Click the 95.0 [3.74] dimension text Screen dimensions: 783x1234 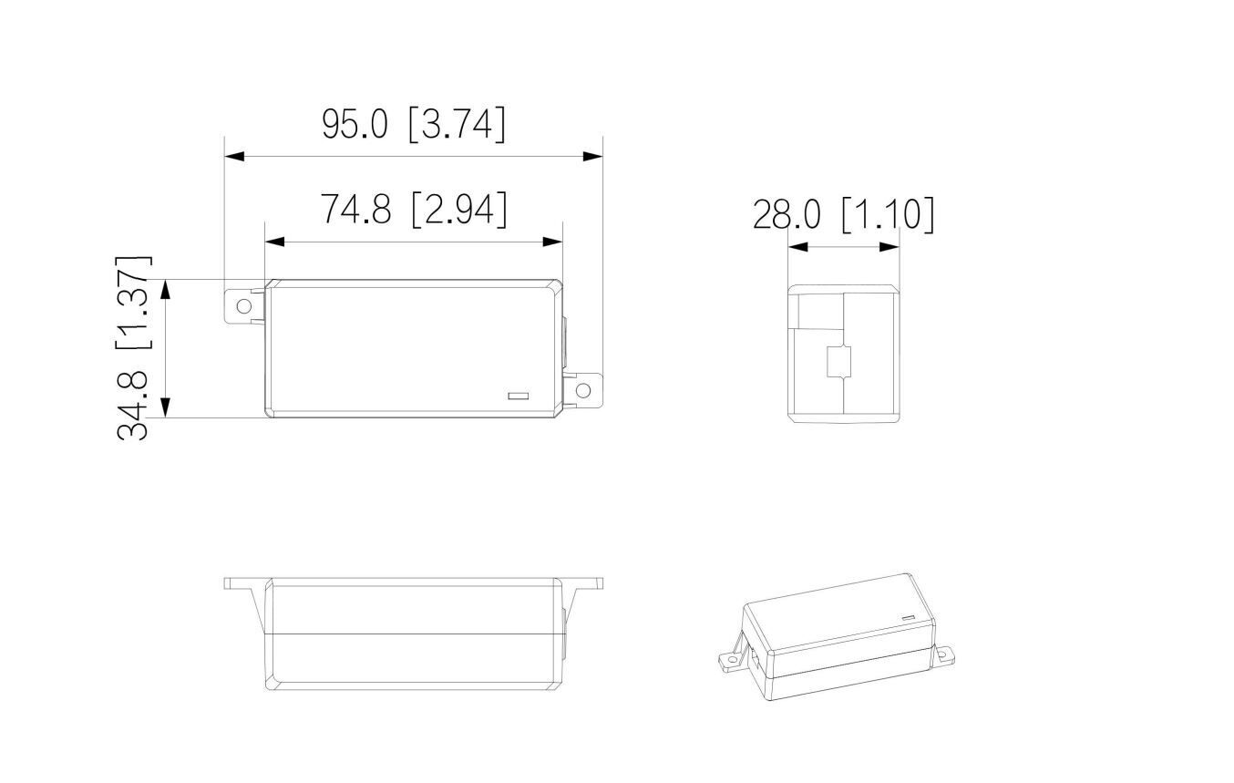click(413, 124)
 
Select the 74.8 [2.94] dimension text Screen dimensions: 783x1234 click(413, 210)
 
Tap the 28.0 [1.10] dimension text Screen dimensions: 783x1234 click(843, 215)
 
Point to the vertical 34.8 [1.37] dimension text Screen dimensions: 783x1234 click(134, 347)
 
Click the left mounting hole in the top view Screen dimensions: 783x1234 click(243, 306)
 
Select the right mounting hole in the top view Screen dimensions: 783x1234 click(583, 391)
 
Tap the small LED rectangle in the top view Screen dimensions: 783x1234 click(518, 397)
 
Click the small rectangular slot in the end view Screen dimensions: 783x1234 click(838, 362)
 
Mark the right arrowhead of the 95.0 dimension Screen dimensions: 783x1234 click(592, 157)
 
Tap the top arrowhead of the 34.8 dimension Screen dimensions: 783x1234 click(166, 290)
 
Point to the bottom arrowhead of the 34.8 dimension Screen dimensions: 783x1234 click(166, 407)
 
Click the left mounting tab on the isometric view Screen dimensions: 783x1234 click(730, 660)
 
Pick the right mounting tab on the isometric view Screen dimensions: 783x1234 click(945, 654)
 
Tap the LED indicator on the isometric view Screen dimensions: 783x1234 click(908, 618)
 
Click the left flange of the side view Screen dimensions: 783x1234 click(242, 583)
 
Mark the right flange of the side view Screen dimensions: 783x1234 click(585, 583)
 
